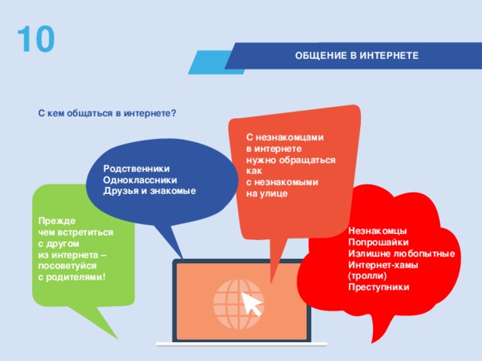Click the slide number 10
35,41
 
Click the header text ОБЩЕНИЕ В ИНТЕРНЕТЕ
357,56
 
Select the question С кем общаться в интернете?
107,114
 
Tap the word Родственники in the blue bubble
136,169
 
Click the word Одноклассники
141,180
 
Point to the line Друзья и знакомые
149,191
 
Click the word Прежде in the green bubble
57,223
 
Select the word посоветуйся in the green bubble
67,266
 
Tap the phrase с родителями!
72,278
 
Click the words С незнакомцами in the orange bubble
285,138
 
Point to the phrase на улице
267,193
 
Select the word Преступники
379,287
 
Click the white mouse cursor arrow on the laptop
252,304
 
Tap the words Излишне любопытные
401,254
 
